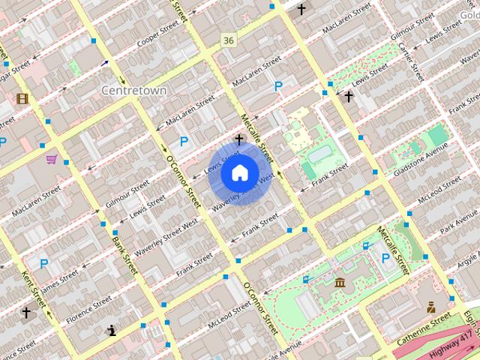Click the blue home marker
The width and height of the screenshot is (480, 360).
click(239, 172)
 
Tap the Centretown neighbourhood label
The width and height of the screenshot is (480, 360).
click(133, 90)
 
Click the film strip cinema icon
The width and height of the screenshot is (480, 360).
click(22, 98)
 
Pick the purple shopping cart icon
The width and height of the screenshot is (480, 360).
click(52, 159)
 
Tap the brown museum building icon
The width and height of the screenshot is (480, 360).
click(340, 283)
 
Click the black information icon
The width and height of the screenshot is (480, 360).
click(112, 329)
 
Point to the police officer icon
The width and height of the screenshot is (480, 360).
click(431, 306)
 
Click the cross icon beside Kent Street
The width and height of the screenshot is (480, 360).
click(26, 312)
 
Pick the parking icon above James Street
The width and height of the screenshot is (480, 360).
click(43, 263)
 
